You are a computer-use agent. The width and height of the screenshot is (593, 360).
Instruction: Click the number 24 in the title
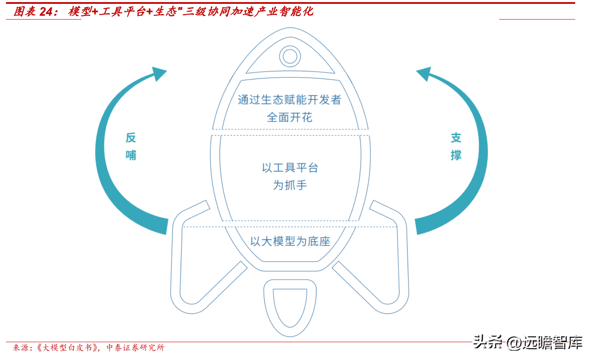[x=46, y=11]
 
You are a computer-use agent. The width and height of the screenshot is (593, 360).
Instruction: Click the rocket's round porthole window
[x=290, y=56]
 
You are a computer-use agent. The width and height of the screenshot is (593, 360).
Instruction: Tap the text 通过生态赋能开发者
[x=290, y=100]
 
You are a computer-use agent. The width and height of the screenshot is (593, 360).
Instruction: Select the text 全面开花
[x=290, y=117]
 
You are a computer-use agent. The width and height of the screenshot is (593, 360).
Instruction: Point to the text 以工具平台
[x=290, y=168]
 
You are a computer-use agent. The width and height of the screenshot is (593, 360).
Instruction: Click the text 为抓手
[x=290, y=185]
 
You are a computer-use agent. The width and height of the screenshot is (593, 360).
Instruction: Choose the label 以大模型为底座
[x=290, y=241]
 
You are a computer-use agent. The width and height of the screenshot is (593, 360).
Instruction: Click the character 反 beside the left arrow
[x=131, y=138]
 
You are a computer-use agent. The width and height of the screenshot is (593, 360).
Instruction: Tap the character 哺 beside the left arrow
[x=131, y=155]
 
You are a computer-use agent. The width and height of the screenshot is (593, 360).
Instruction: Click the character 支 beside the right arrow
[x=456, y=138]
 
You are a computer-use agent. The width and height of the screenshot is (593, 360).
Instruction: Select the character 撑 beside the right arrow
[x=456, y=155]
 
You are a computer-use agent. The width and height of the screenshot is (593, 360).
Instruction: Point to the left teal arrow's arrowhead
[x=159, y=73]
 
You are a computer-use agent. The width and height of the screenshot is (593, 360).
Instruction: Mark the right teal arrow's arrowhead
[x=424, y=73]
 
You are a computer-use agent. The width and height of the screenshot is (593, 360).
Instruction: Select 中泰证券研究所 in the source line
[x=135, y=348]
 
